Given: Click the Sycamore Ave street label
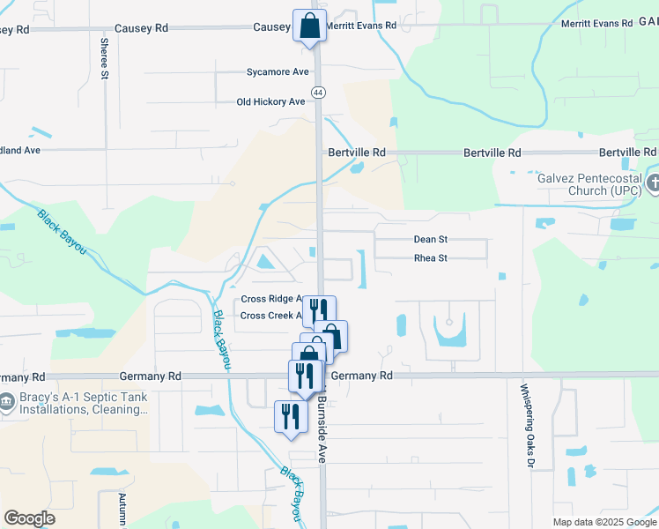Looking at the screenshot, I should pyautogui.click(x=278, y=71).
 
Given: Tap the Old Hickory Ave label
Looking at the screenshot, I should pyautogui.click(x=270, y=101).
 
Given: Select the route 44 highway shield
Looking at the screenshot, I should pyautogui.click(x=317, y=92).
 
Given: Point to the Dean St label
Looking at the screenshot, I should pyautogui.click(x=431, y=239).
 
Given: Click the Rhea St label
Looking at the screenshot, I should pyautogui.click(x=431, y=258).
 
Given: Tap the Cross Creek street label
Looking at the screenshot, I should pyautogui.click(x=271, y=316).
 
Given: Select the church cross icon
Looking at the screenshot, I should pyautogui.click(x=653, y=184).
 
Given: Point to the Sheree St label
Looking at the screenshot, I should pyautogui.click(x=104, y=58).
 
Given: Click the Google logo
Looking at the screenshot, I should pyautogui.click(x=30, y=518).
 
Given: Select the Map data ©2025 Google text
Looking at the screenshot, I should pyautogui.click(x=603, y=522).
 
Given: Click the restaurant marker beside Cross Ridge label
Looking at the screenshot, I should pyautogui.click(x=319, y=310).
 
